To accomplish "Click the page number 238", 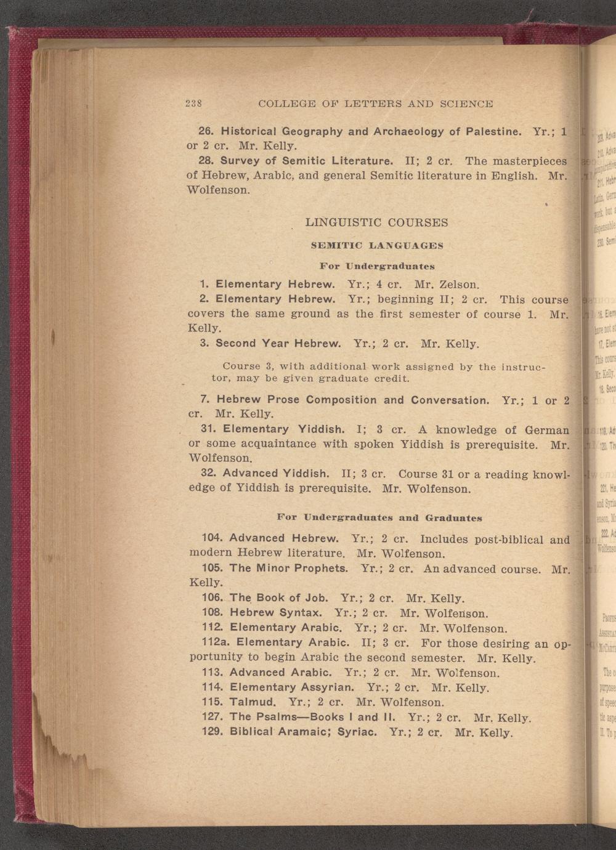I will (x=195, y=103).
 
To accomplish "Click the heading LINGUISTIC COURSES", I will (x=376, y=222).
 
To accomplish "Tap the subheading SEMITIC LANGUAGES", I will (x=376, y=245).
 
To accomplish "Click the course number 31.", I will (x=208, y=429).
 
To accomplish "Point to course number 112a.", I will (x=216, y=642).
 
